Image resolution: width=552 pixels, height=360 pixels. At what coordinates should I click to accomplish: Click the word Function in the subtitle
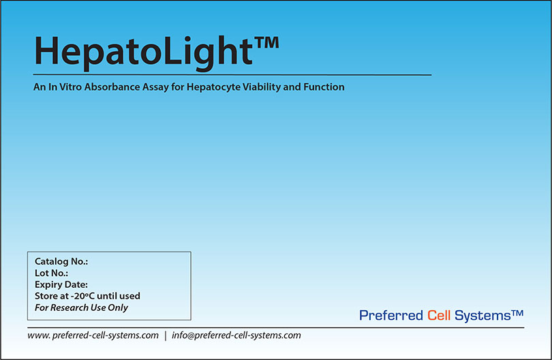pos(324,87)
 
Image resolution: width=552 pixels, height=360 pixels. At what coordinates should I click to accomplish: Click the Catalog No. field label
pos(61,262)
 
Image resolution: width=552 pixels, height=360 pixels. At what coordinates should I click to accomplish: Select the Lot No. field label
pos(51,273)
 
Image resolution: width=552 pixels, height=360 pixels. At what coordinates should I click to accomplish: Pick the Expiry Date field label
pos(61,285)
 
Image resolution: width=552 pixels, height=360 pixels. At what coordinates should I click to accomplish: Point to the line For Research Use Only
pos(81,307)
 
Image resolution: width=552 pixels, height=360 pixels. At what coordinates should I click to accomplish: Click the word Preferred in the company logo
pos(391,316)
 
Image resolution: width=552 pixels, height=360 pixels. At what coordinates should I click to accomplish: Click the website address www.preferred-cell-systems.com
pos(93,335)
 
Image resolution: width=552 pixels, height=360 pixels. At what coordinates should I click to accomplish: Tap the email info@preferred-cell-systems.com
pos(236,335)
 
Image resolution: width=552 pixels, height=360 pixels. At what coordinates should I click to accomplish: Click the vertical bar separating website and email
pos(165,335)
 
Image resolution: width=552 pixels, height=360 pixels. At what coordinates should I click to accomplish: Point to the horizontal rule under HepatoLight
pos(232,74)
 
